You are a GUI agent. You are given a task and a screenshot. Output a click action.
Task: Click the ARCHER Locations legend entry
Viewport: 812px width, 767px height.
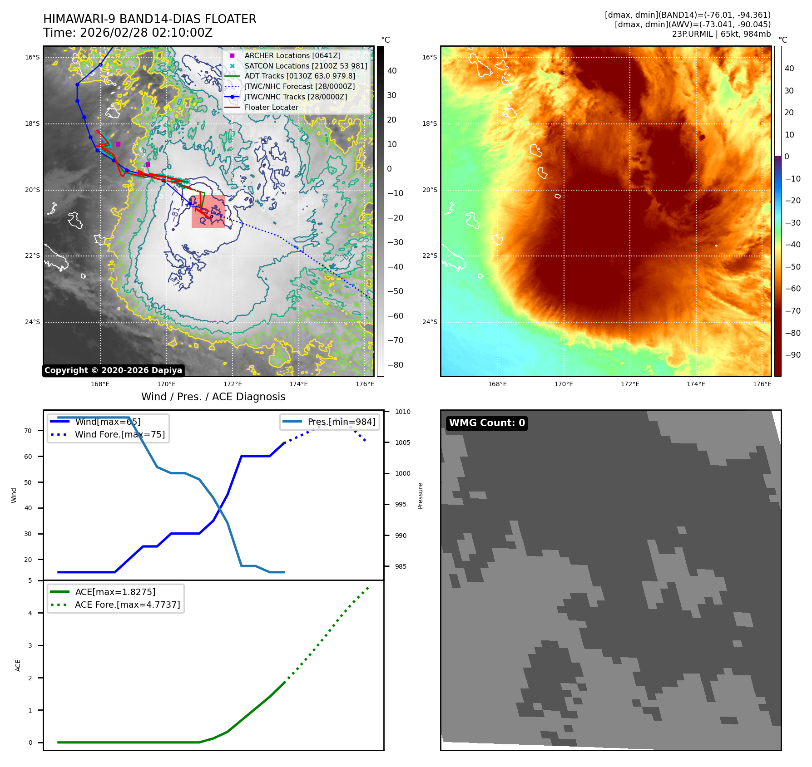coord(292,55)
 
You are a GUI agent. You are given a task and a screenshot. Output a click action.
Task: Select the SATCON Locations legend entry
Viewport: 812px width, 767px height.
coord(306,66)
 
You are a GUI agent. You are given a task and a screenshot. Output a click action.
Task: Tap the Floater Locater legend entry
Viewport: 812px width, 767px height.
coord(271,108)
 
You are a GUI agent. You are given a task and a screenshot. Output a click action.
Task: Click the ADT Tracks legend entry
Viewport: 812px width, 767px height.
coord(300,76)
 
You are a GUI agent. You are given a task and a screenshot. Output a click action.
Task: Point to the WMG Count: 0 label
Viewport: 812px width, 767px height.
coord(487,423)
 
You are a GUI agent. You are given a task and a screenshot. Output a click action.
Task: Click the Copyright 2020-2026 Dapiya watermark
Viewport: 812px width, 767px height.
coord(114,370)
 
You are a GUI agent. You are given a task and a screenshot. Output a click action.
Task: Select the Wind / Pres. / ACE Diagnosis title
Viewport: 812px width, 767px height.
coord(213,397)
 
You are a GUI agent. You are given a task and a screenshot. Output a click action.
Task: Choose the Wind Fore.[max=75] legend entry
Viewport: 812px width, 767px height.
coord(119,434)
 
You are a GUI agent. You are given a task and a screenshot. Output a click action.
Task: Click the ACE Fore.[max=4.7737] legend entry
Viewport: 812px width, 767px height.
coord(127,605)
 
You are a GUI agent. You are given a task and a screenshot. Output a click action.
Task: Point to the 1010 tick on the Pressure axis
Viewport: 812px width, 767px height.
coord(402,412)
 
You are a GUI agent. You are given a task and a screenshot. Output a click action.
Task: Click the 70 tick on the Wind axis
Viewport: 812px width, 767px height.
coord(28,431)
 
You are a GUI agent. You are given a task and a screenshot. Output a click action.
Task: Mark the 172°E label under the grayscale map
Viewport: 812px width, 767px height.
coord(233,384)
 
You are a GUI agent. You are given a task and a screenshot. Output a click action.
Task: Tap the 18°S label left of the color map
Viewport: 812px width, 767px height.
coord(430,123)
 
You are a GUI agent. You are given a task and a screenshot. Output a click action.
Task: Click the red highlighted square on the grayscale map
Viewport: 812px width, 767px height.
coord(208,211)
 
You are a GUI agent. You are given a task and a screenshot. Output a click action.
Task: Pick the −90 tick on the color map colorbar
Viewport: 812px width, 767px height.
coord(792,355)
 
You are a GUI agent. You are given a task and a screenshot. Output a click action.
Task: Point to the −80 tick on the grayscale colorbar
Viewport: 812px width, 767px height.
coord(395,365)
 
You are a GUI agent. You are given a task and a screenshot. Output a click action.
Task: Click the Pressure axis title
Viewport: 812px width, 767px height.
coord(420,496)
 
